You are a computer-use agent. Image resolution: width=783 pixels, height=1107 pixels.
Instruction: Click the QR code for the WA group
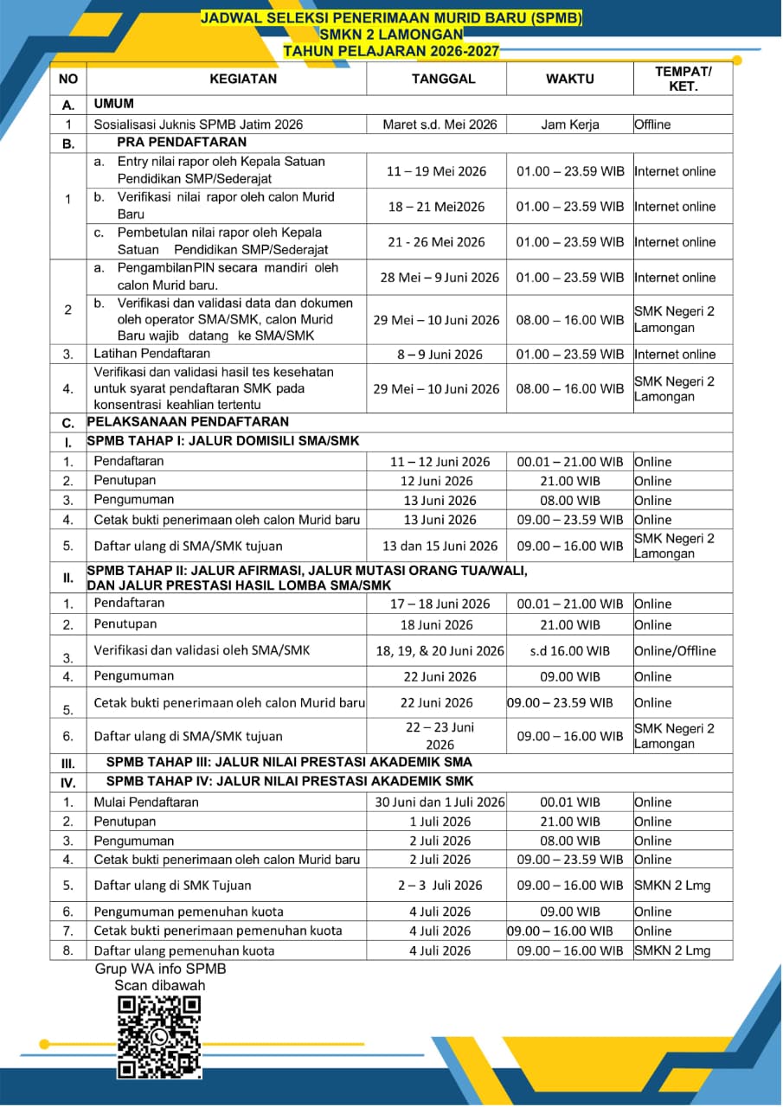pyautogui.click(x=159, y=1037)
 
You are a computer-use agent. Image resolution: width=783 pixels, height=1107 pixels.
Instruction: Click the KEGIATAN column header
pyautogui.click(x=243, y=79)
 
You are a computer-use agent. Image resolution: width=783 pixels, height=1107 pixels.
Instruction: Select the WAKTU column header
pyautogui.click(x=569, y=79)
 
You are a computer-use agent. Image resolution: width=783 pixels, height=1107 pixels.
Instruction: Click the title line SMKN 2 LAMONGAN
pyautogui.click(x=391, y=35)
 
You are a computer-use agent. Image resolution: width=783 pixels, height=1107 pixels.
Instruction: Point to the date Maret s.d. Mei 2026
pyautogui.click(x=440, y=125)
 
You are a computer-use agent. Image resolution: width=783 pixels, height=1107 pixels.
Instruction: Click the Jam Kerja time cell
pyautogui.click(x=569, y=125)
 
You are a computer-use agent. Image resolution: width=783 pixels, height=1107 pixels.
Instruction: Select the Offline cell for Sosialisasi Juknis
pyautogui.click(x=652, y=125)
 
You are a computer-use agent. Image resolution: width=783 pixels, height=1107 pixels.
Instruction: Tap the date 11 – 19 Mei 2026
pyautogui.click(x=436, y=171)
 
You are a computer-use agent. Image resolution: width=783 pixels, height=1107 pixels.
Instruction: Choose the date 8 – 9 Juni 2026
pyautogui.click(x=436, y=355)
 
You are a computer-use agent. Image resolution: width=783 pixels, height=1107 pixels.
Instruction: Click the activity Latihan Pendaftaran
pyautogui.click(x=151, y=354)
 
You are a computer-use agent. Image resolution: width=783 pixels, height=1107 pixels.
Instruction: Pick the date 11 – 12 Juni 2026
pyautogui.click(x=440, y=462)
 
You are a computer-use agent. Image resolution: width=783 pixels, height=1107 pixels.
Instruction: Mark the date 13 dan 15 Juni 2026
pyautogui.click(x=440, y=546)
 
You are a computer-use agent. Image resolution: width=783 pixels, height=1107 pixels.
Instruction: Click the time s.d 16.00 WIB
pyautogui.click(x=569, y=650)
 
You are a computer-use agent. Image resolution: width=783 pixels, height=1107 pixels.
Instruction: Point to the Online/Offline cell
pyautogui.click(x=675, y=650)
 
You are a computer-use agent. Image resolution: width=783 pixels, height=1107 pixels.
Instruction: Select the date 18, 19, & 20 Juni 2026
pyautogui.click(x=440, y=650)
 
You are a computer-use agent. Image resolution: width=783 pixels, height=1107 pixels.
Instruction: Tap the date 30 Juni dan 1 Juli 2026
pyautogui.click(x=440, y=803)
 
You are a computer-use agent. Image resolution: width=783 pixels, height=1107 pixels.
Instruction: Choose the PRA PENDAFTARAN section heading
pyautogui.click(x=182, y=143)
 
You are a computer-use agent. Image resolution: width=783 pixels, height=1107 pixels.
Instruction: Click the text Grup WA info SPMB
pyautogui.click(x=160, y=969)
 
